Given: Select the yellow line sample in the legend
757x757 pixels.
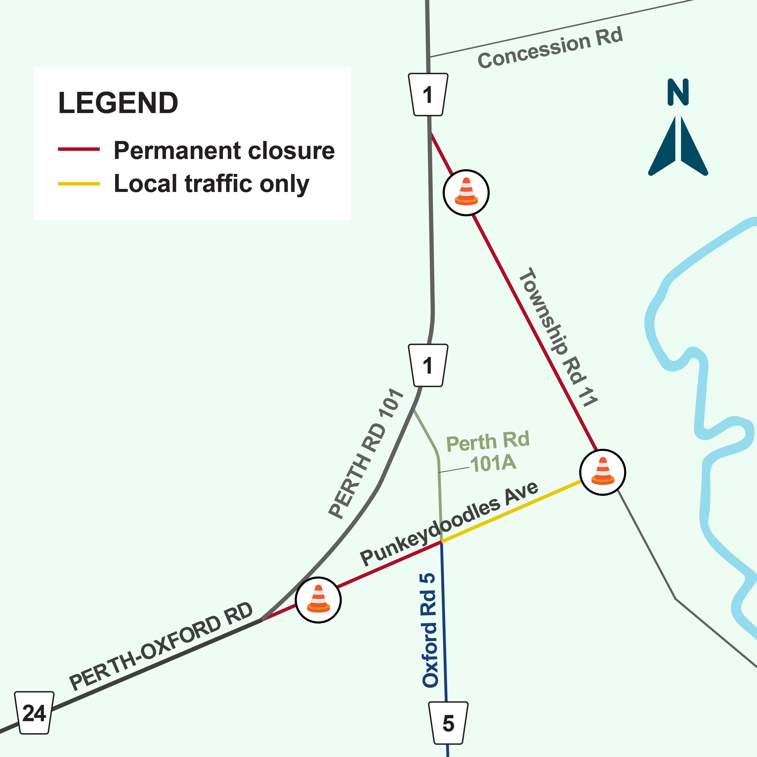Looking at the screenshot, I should point(79,183).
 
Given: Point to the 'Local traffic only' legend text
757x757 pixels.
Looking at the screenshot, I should point(212,184).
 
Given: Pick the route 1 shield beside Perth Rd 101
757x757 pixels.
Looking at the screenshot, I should point(428,365).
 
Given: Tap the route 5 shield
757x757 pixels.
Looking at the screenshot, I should point(448,723).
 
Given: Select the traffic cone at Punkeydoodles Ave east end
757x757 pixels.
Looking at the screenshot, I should point(603,472).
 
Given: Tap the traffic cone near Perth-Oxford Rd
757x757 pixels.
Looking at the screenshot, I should point(318,600).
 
